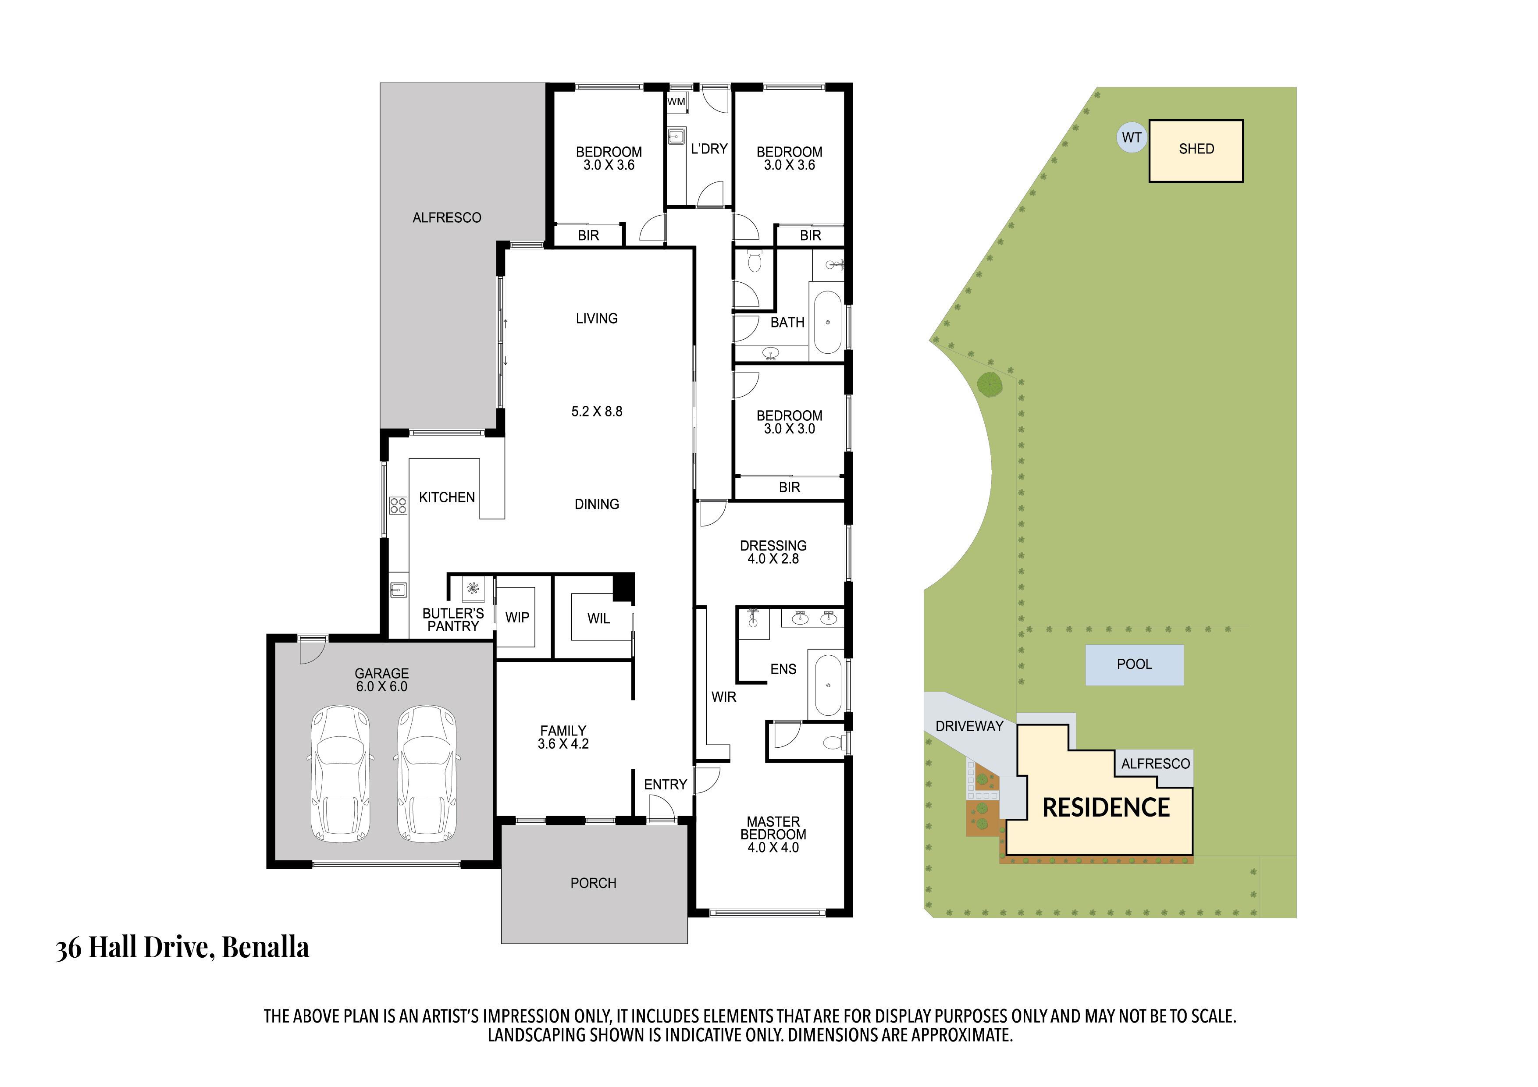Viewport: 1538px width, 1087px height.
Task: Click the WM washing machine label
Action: point(676,102)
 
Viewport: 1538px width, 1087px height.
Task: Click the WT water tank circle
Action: point(1132,137)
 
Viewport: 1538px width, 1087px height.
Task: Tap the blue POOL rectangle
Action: point(1134,664)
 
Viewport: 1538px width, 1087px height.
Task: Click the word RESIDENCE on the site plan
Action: point(1106,808)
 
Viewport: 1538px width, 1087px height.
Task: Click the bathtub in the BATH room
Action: point(828,322)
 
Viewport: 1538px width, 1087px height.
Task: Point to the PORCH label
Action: point(594,883)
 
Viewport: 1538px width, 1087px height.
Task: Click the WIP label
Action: point(517,618)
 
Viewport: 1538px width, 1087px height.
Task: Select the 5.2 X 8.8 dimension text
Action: point(597,411)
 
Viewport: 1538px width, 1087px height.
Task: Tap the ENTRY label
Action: point(665,784)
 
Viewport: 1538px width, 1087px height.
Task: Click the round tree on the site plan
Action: point(990,384)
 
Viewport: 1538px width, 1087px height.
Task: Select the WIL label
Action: point(599,619)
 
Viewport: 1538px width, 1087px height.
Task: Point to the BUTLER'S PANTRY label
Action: point(453,619)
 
